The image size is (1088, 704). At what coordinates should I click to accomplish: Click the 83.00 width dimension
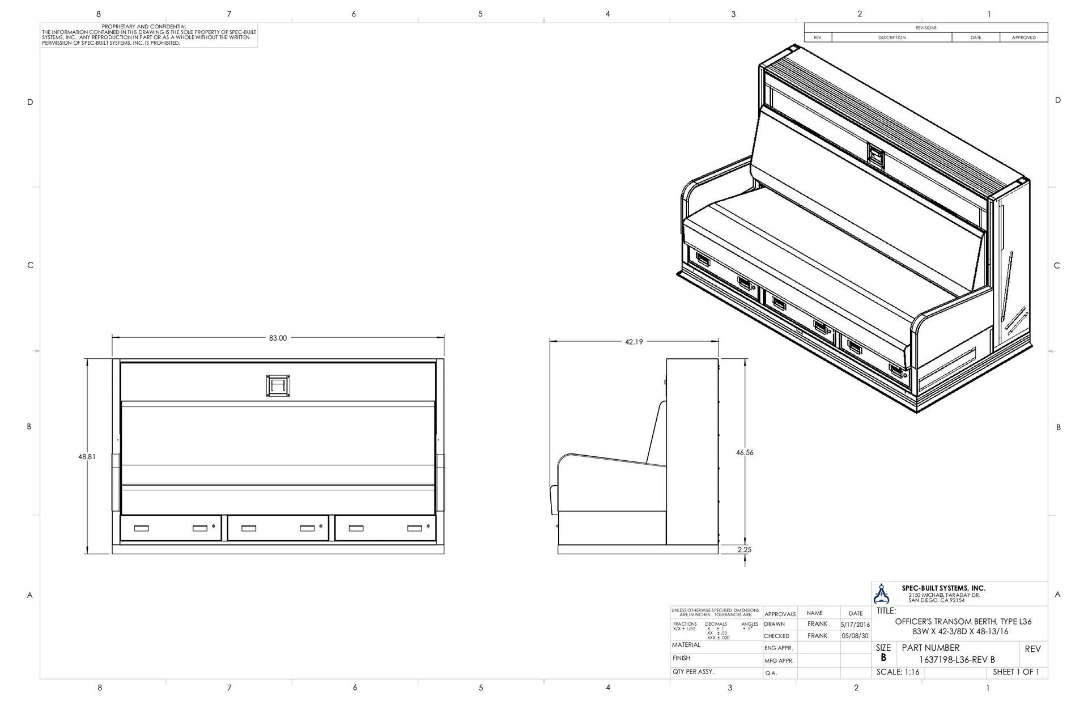(278, 338)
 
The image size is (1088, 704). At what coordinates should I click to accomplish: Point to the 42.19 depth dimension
(634, 342)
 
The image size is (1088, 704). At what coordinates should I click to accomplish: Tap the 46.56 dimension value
(745, 452)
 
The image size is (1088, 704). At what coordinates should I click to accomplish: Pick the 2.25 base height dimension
(745, 549)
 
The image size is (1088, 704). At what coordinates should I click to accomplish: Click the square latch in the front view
(278, 385)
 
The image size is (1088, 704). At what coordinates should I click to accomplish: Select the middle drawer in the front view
(278, 528)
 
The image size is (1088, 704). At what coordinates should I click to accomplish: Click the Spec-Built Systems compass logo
(882, 593)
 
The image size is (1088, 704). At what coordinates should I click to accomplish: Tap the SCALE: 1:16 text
(898, 672)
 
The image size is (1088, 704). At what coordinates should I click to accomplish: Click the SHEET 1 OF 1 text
(1016, 672)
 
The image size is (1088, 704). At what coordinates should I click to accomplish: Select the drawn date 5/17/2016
(855, 624)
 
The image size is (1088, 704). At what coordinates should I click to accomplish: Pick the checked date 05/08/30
(855, 636)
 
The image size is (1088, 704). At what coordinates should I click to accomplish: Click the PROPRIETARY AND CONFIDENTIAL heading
(144, 27)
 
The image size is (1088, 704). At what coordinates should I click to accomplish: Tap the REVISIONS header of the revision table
(925, 28)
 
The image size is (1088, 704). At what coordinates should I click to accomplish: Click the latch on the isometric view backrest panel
(875, 155)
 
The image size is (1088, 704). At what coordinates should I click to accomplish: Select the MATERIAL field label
(686, 645)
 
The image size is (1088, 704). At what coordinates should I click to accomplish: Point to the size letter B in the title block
(883, 658)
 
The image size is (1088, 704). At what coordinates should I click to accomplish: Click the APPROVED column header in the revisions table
(1023, 37)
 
